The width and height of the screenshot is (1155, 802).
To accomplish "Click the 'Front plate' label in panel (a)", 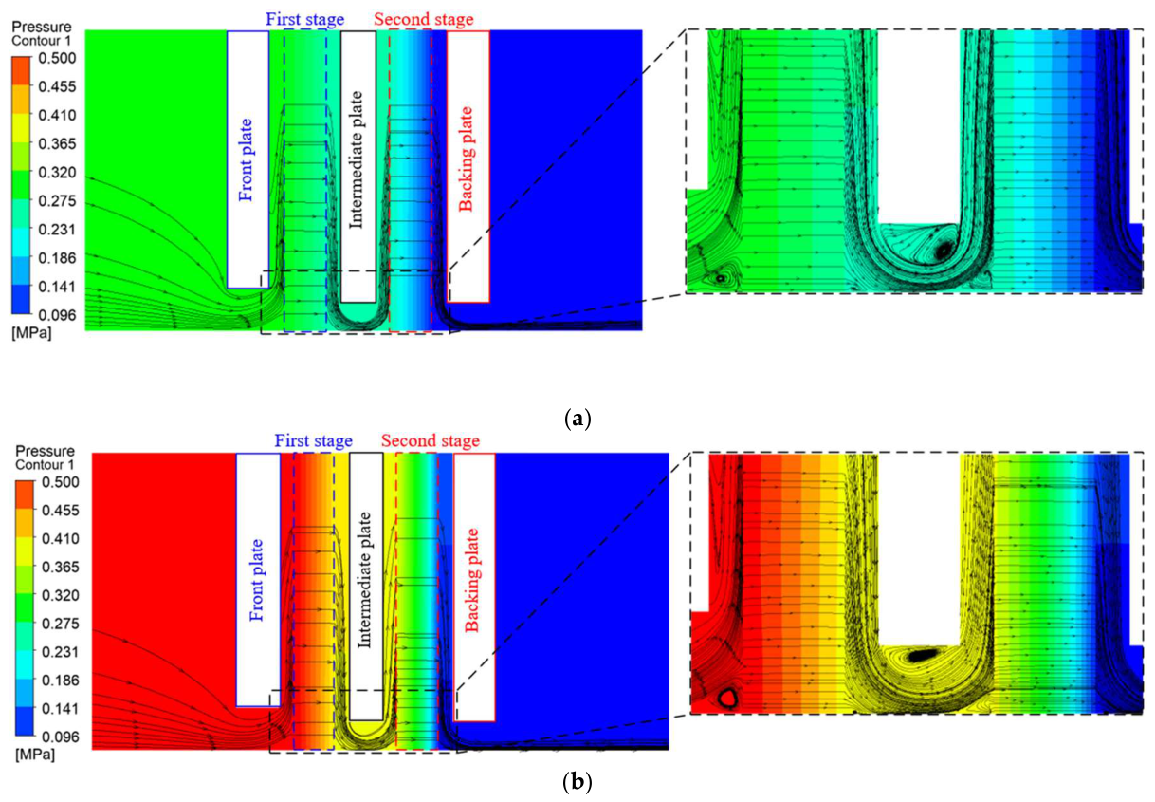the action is tap(247, 160).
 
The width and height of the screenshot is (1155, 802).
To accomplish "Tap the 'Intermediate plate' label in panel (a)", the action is tap(356, 160).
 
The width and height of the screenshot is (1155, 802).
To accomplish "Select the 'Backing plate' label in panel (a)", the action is tap(466, 159).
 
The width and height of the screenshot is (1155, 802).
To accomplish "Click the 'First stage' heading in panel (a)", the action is tap(304, 20).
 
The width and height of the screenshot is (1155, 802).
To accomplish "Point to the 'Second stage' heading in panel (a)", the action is tap(423, 20).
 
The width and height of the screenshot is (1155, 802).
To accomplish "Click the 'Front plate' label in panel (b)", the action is tap(256, 580).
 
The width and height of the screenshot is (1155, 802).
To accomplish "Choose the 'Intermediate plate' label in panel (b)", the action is tap(364, 580).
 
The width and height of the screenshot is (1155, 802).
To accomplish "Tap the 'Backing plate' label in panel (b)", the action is tap(472, 581).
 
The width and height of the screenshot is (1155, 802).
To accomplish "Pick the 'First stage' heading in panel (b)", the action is tap(313, 441).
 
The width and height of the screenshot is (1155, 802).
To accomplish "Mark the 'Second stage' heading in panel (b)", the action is tap(430, 441).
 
